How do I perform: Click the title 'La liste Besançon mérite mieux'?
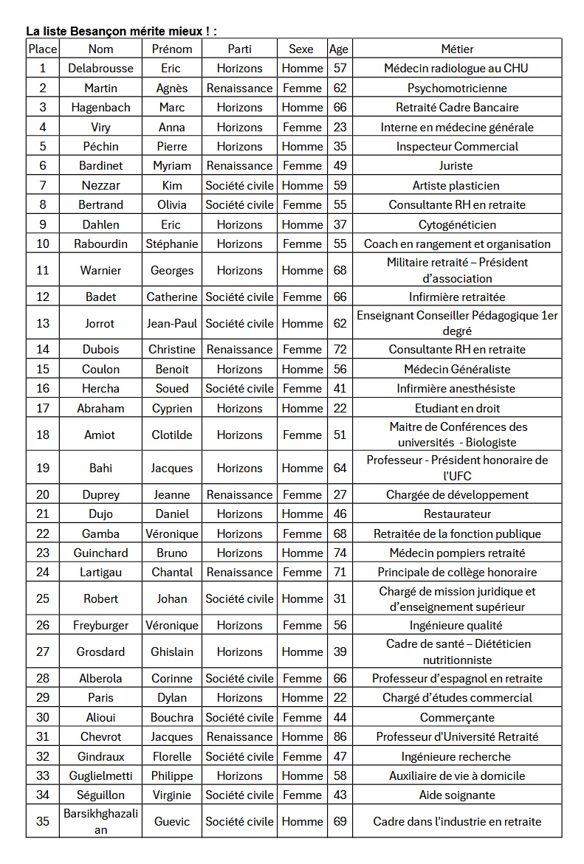click(122, 31)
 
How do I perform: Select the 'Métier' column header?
click(457, 49)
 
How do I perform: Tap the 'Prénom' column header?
click(171, 49)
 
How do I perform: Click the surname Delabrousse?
click(100, 68)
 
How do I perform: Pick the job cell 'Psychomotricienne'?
click(457, 88)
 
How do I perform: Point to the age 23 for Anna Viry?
click(340, 127)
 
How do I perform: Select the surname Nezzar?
click(100, 185)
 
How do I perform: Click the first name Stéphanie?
click(171, 243)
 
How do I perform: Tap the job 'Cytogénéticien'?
click(457, 224)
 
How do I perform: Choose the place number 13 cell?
click(43, 323)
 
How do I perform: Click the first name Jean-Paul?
click(171, 323)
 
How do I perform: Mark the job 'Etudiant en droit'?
click(457, 408)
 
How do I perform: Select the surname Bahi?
click(100, 468)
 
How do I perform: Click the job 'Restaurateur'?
click(457, 514)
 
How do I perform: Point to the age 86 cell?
click(340, 736)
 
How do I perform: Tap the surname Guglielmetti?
click(100, 775)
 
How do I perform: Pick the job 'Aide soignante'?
click(457, 795)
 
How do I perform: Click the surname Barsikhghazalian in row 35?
click(100, 821)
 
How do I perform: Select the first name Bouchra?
click(171, 717)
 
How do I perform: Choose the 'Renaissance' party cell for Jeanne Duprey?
click(239, 494)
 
